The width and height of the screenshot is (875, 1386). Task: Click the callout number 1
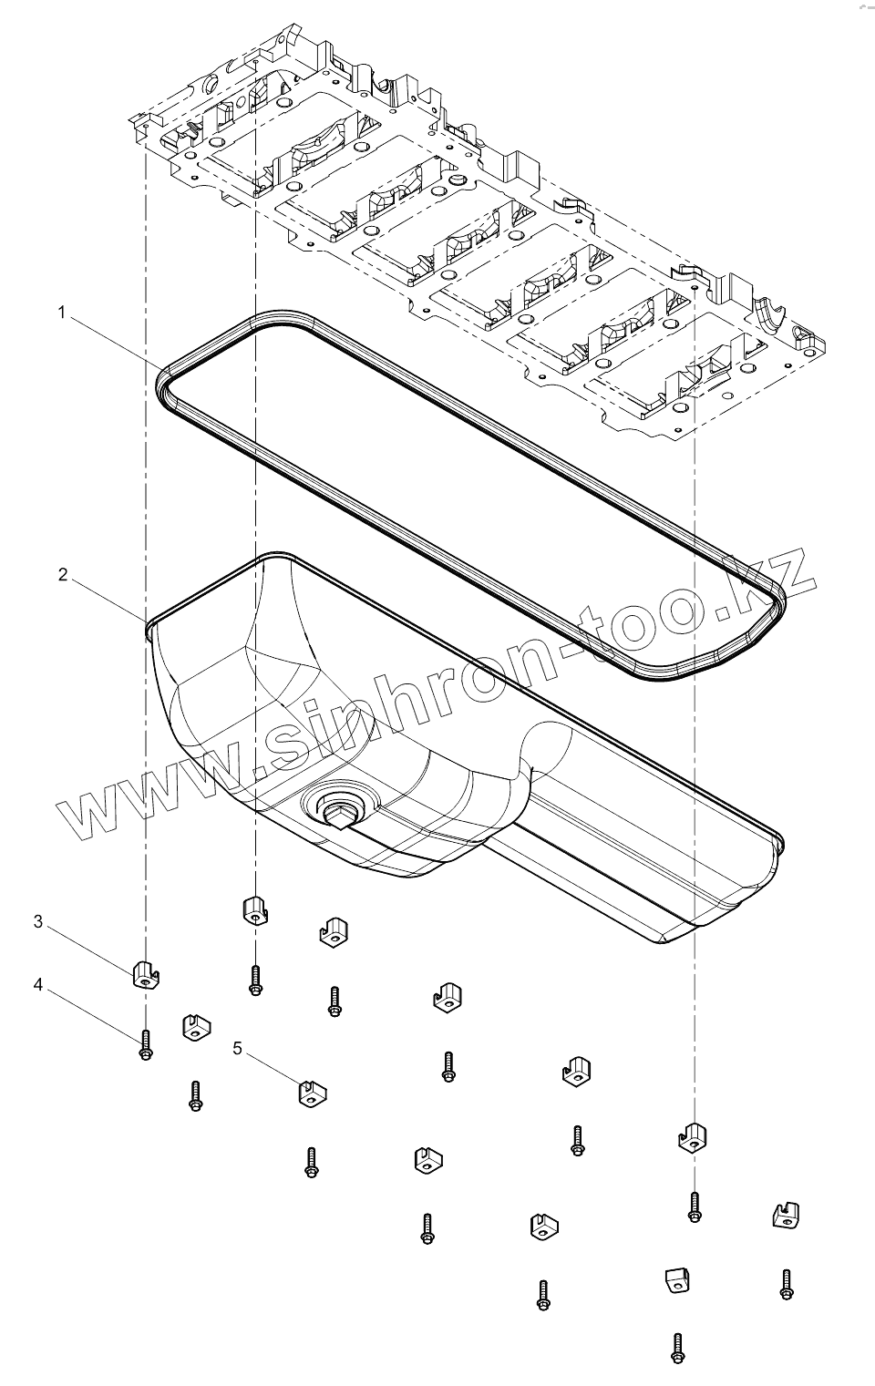(x=61, y=313)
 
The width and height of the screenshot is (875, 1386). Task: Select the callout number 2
(x=62, y=575)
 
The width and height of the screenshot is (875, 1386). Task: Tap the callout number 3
(x=38, y=921)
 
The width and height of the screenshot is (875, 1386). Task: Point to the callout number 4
(x=38, y=985)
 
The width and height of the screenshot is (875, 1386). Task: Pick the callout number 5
(x=237, y=1049)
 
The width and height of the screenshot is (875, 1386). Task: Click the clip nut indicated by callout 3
(x=146, y=974)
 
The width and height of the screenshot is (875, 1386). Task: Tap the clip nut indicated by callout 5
(x=313, y=1091)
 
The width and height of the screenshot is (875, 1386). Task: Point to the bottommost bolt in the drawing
(x=677, y=1349)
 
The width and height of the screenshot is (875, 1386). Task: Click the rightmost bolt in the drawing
(x=786, y=1284)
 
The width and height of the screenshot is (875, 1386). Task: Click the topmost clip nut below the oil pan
(x=254, y=909)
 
